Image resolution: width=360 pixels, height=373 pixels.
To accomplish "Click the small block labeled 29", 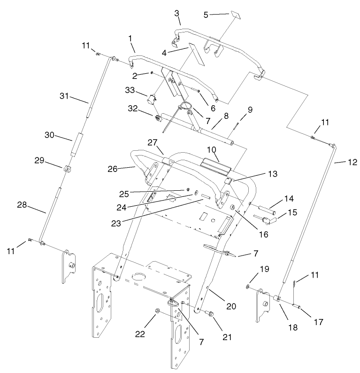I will point(67,168).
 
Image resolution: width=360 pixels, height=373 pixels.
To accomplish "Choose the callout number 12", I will point(352,163).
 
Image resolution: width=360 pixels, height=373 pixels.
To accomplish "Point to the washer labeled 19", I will point(247,286).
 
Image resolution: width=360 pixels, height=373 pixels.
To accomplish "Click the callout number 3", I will point(177,13).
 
